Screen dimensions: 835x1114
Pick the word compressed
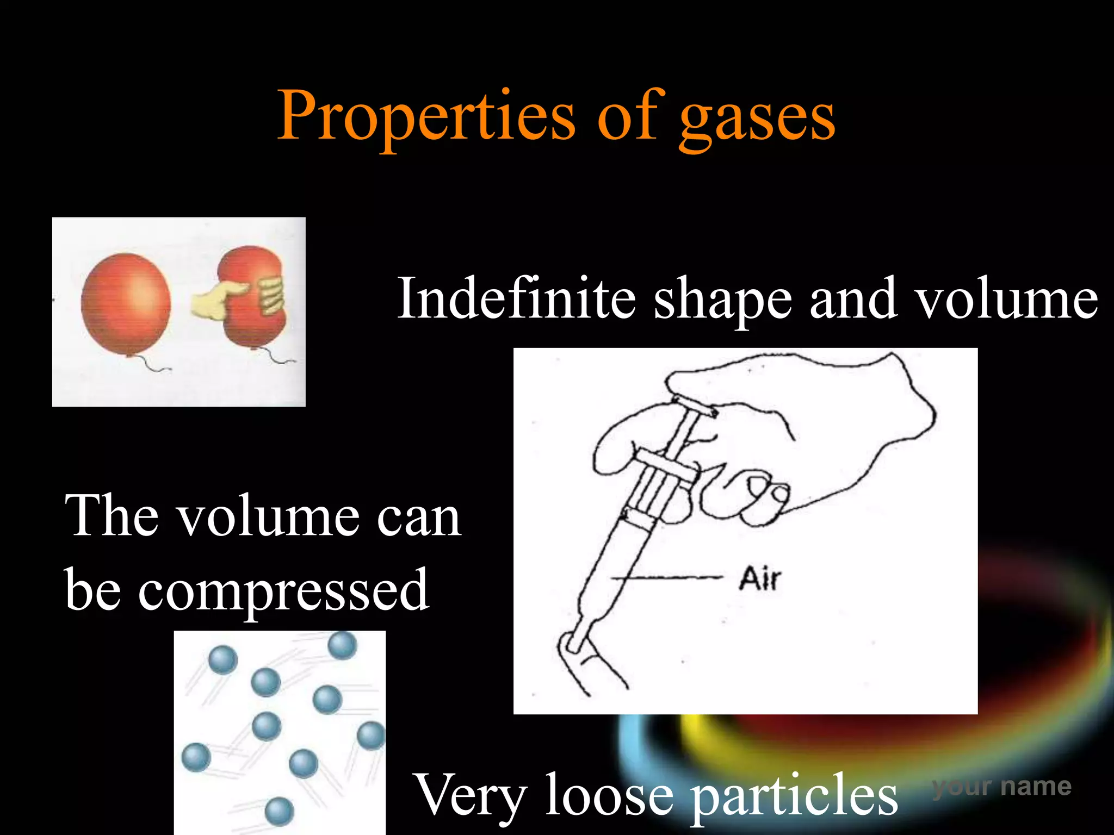pos(283,590)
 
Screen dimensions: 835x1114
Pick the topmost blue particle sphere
pos(343,645)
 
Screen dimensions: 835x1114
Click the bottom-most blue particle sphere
pos(279,812)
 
